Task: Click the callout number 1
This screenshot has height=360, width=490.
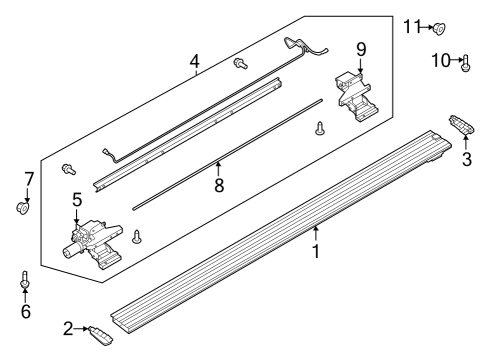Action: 316,251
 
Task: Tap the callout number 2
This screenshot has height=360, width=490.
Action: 68,327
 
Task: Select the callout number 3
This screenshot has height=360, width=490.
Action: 466,159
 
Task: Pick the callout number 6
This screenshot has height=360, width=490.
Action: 25,311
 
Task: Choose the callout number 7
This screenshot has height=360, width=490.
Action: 29,179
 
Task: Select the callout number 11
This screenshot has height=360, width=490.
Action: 413,25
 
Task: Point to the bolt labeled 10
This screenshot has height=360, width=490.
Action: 467,63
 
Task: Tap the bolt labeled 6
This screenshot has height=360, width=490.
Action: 25,280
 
